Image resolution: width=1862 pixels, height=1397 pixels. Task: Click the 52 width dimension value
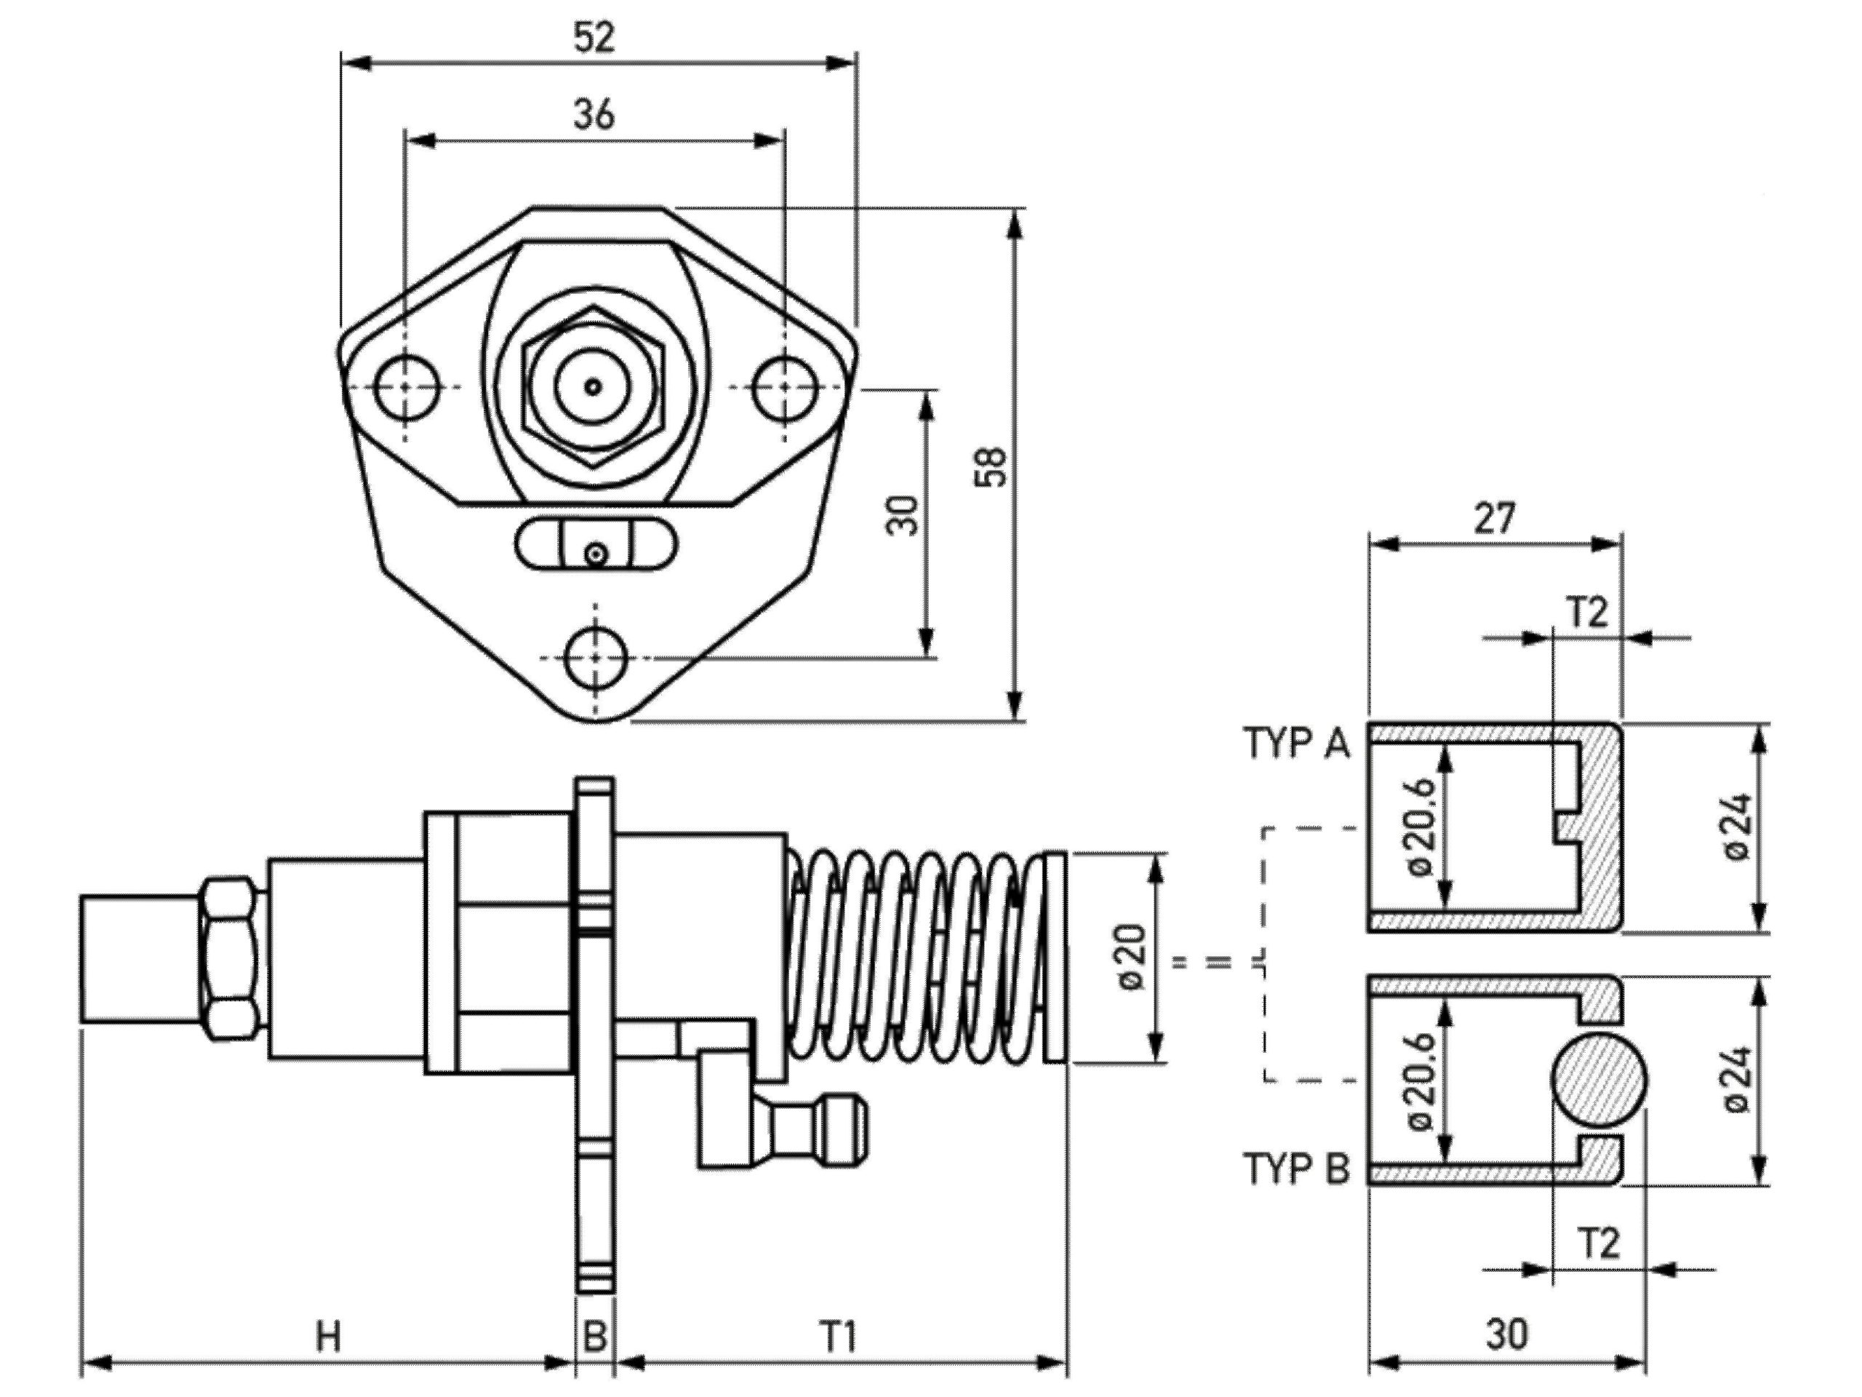tap(594, 38)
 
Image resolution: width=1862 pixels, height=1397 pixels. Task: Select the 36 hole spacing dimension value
tap(594, 114)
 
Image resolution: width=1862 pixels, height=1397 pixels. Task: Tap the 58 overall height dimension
tap(991, 466)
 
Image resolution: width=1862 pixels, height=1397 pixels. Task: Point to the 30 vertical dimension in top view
tap(903, 514)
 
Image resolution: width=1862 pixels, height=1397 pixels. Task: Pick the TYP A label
tap(1296, 744)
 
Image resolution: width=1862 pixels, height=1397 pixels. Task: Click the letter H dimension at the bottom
tap(328, 1337)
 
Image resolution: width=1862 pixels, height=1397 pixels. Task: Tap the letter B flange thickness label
tap(595, 1337)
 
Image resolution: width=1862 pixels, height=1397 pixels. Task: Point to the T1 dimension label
tap(839, 1337)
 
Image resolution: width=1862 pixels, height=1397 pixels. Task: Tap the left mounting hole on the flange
tap(407, 386)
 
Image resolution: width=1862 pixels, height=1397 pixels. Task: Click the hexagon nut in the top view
tap(594, 386)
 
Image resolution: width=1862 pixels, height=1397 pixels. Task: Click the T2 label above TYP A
tap(1588, 613)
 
